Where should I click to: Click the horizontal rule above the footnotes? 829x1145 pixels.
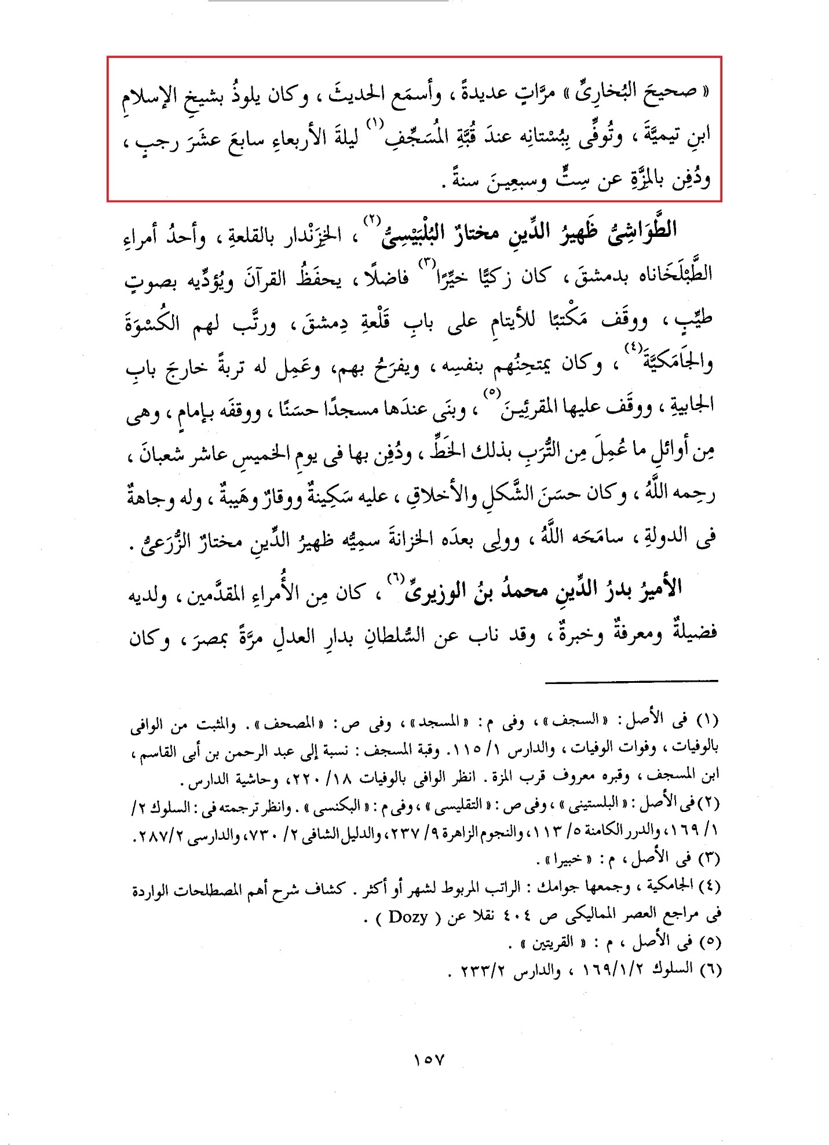pyautogui.click(x=631, y=681)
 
